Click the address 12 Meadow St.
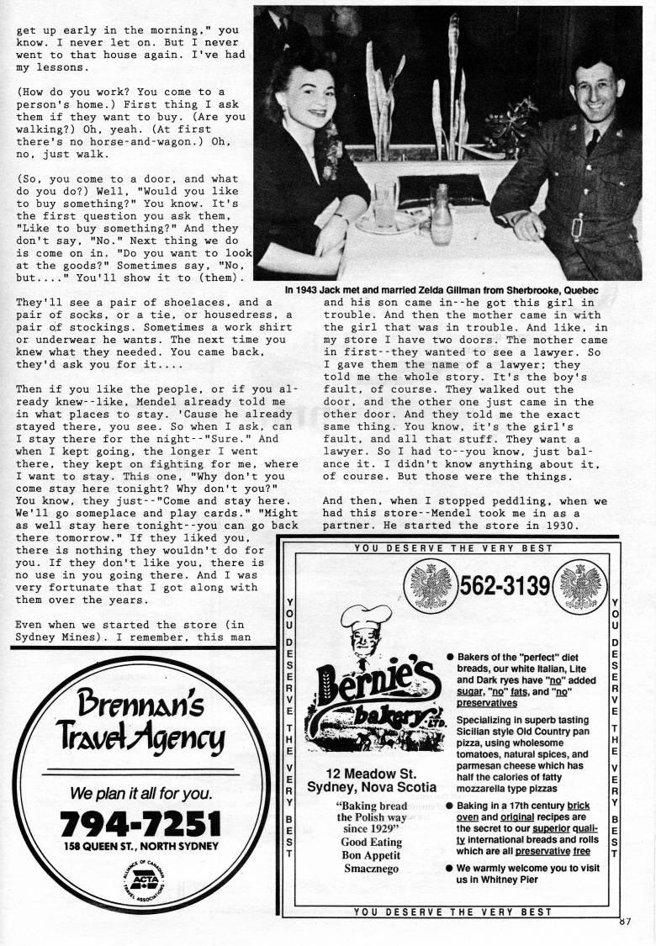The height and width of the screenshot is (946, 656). click(x=372, y=774)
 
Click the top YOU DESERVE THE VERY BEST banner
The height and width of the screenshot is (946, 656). click(x=454, y=548)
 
